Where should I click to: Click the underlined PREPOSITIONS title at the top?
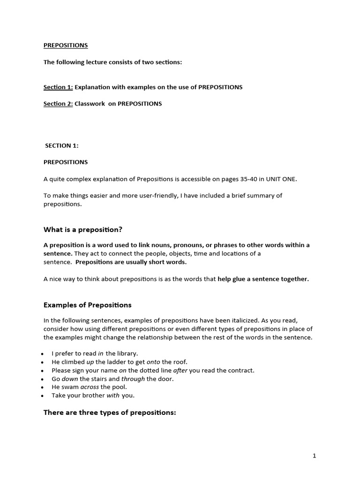(66, 45)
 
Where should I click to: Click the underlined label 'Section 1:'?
(58, 87)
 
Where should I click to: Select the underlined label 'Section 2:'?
(58, 104)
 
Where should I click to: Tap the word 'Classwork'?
(90, 104)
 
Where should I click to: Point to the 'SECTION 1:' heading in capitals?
(61, 145)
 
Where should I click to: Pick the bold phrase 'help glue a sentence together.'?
(263, 279)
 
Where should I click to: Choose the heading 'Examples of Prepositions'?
(88, 305)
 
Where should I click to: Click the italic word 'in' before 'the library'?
(100, 353)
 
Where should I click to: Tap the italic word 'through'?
(133, 379)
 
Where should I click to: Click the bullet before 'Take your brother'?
(43, 396)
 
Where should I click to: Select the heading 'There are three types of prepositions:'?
(110, 413)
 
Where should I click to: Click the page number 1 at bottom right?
(315, 456)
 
